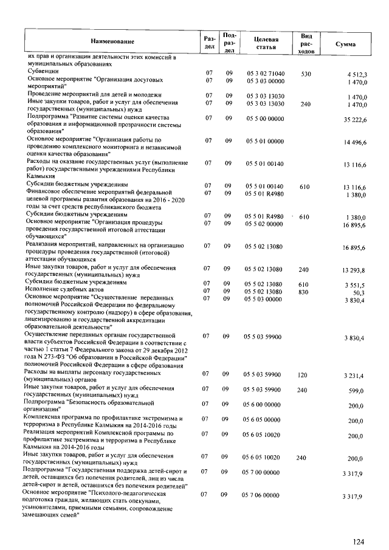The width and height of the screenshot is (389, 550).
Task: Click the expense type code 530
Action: point(306,74)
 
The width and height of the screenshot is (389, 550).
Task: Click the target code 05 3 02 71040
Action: point(265,74)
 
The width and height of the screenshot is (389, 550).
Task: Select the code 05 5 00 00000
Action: point(265,118)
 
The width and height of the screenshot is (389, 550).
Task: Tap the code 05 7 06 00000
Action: point(265,496)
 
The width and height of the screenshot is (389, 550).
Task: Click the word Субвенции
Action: point(43,73)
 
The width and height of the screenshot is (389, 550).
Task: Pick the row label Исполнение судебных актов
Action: point(67,291)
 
